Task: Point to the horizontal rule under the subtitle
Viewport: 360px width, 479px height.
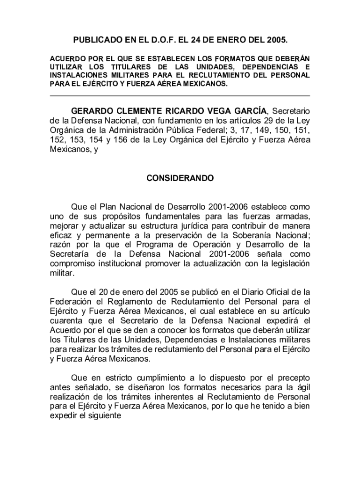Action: tap(180, 95)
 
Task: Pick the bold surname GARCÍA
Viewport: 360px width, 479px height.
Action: tap(246, 111)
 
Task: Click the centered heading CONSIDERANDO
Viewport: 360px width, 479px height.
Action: tap(180, 179)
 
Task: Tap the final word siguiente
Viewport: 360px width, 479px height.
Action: tap(106, 416)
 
